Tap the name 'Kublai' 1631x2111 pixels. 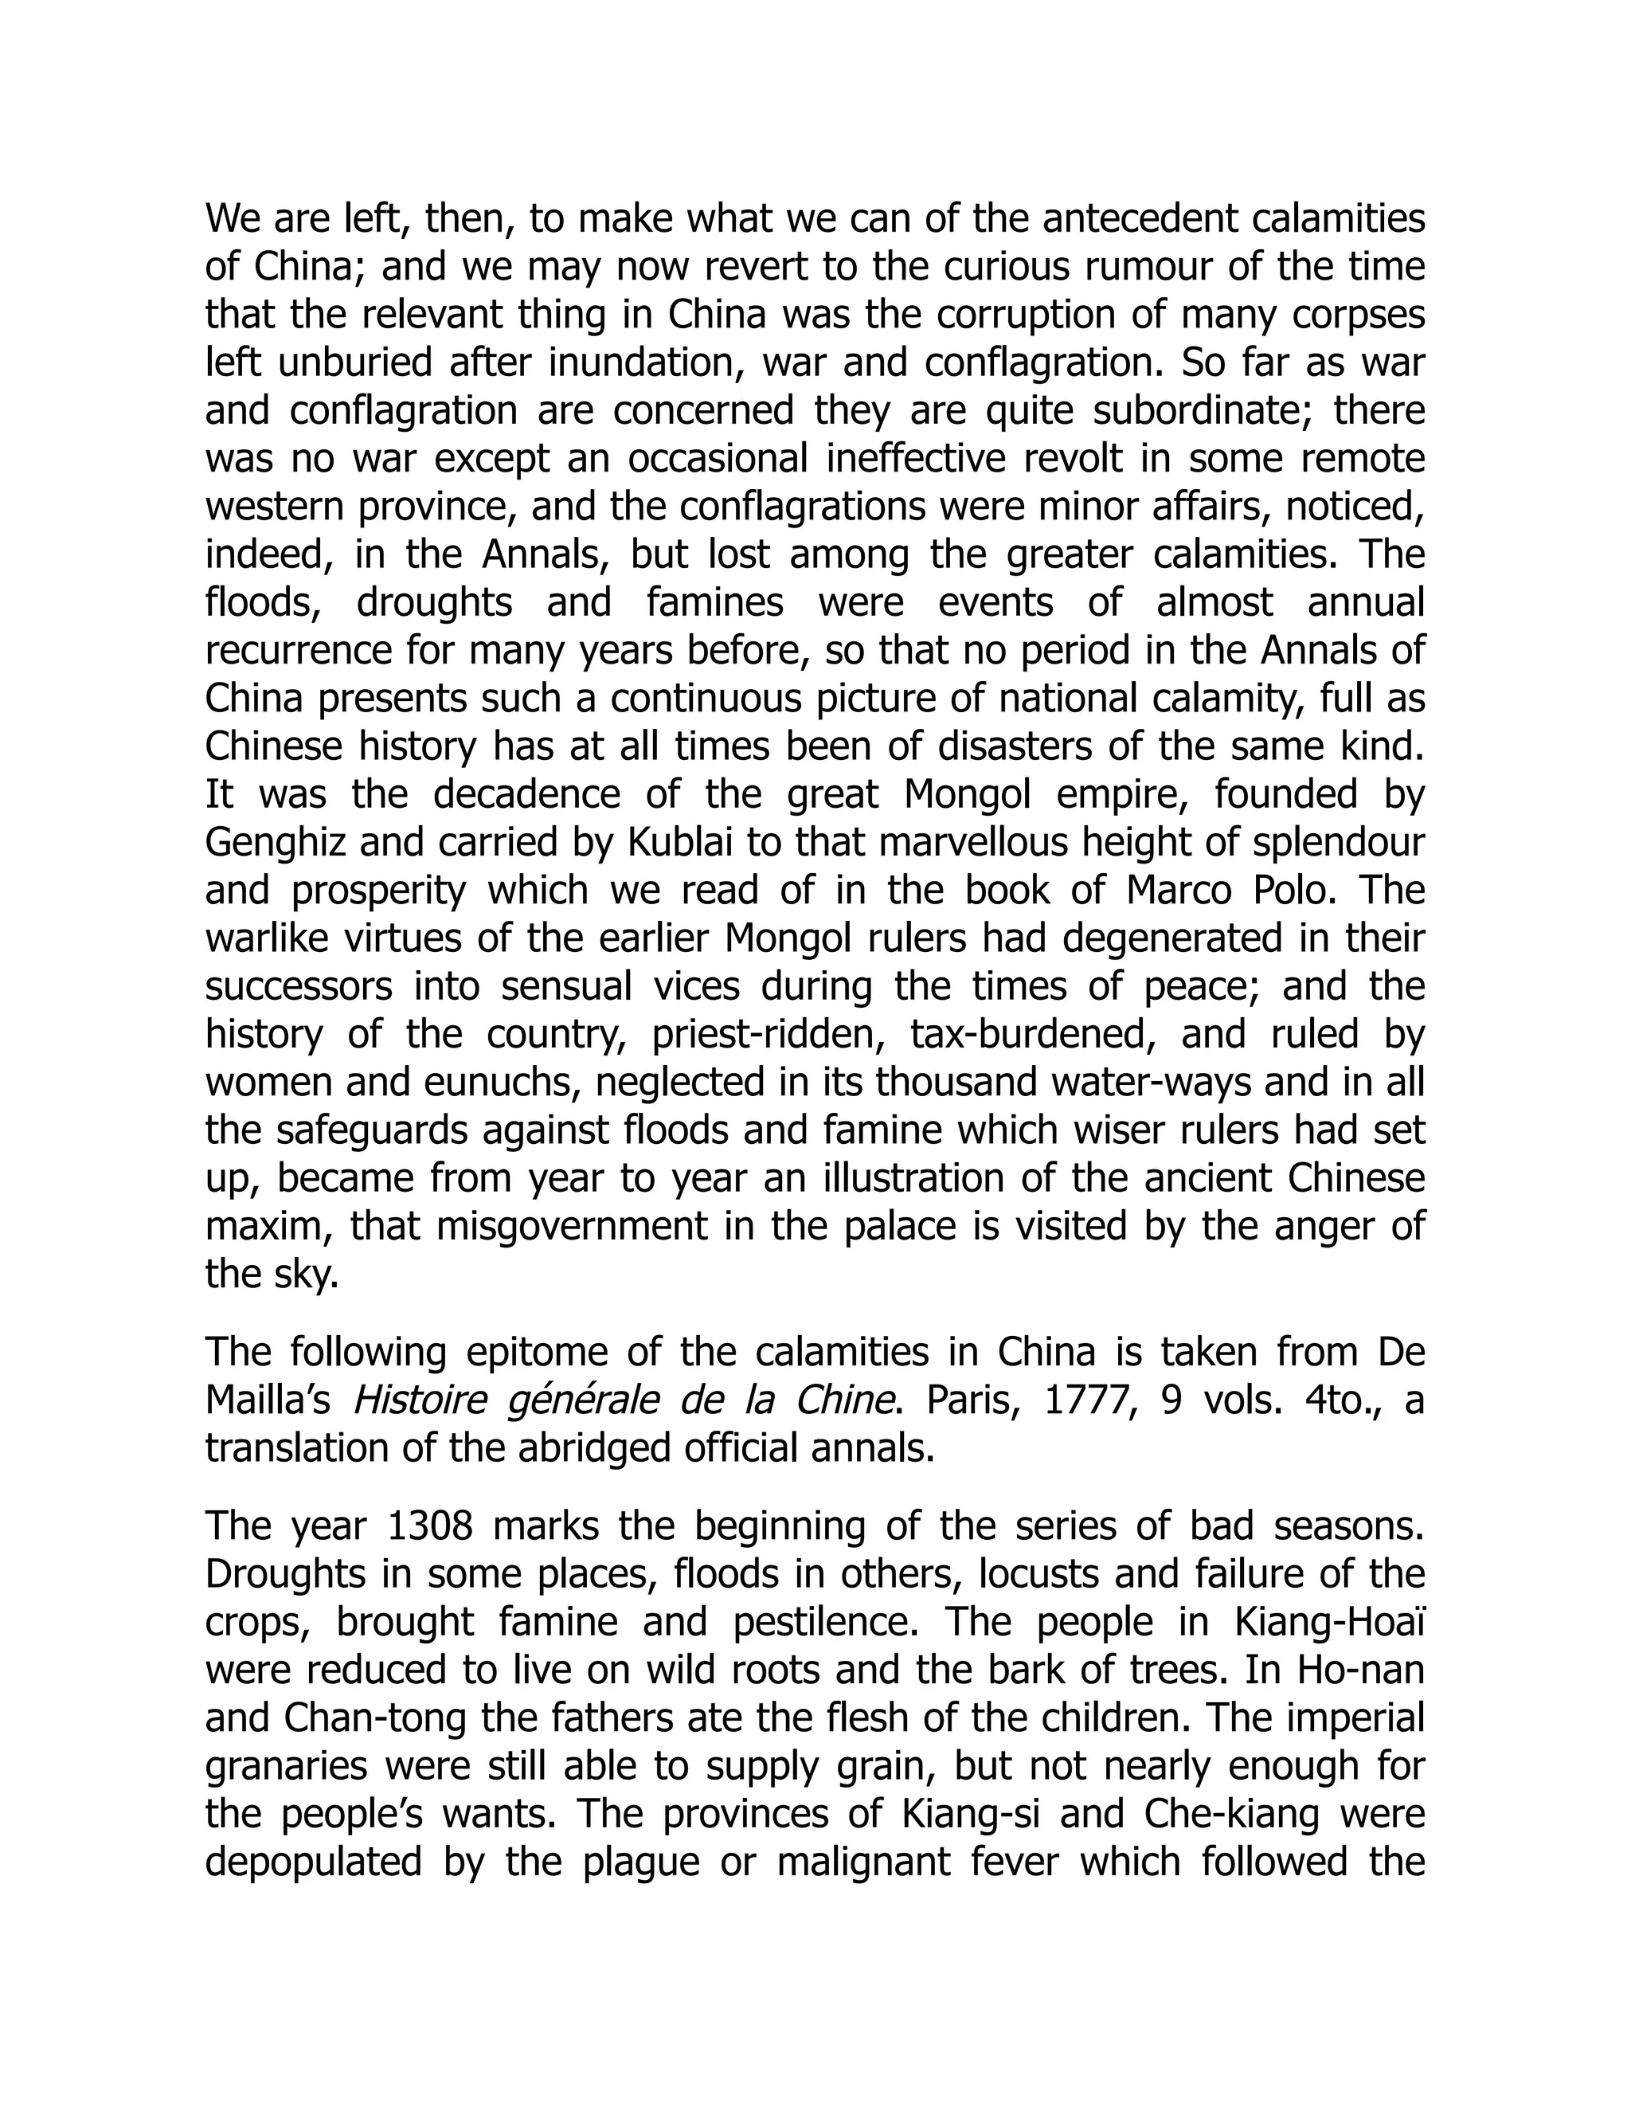(679, 843)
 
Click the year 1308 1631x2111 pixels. (429, 1526)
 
